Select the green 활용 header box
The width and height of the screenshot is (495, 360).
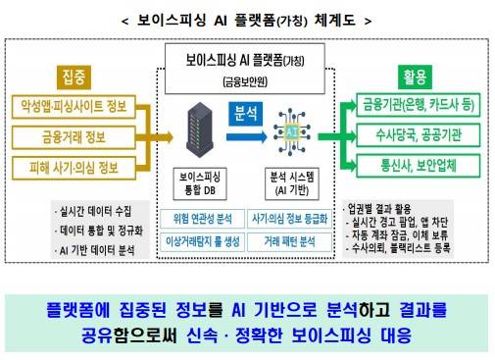pos(415,74)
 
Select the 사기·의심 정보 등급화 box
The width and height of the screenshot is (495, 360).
pos(291,219)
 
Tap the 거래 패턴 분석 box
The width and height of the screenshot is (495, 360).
pos(291,239)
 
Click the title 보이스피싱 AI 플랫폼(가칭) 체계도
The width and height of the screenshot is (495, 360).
pos(247,16)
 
